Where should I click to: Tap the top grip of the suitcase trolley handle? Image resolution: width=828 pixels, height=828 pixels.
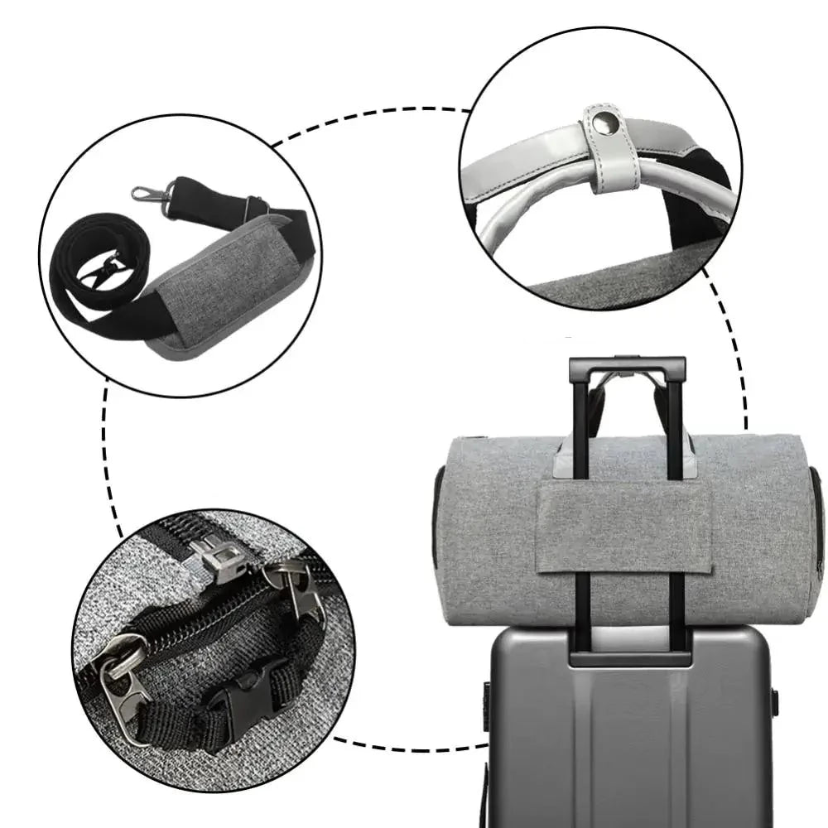tap(627, 365)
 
